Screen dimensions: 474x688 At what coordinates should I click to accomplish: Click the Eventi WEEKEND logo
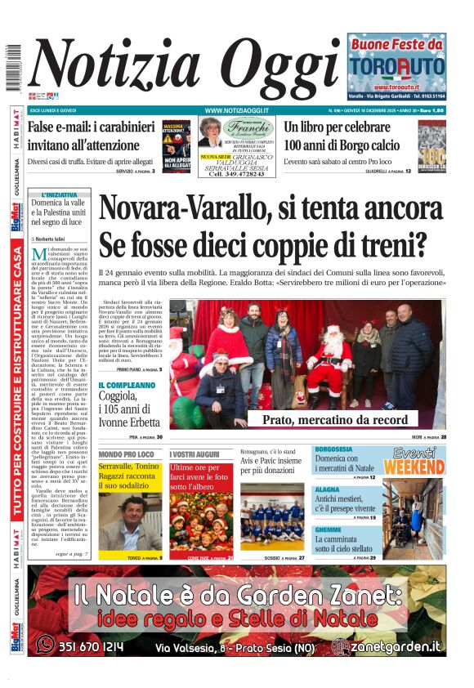[414, 461]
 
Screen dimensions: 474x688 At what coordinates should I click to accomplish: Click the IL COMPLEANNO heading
[127, 385]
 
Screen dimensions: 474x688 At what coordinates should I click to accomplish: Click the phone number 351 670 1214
[90, 647]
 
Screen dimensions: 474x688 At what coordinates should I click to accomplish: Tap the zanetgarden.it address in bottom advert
[400, 646]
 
